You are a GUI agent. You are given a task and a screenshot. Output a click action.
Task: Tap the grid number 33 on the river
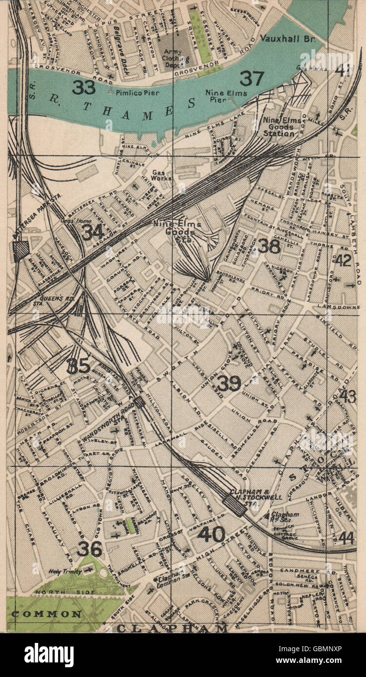[84, 87]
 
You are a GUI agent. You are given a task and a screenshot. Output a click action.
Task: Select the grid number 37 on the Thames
[251, 78]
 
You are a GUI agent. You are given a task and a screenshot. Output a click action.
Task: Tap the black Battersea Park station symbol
[21, 251]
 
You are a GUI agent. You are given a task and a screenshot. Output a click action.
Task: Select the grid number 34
[92, 232]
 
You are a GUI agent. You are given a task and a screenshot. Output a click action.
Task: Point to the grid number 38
[269, 246]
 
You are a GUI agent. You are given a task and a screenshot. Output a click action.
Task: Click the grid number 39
[229, 384]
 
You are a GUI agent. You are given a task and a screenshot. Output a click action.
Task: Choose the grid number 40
[211, 534]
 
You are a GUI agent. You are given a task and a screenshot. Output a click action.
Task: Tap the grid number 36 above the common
[90, 549]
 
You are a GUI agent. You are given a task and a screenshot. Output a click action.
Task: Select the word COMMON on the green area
[46, 614]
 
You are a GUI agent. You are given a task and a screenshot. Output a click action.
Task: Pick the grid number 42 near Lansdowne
[343, 260]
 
